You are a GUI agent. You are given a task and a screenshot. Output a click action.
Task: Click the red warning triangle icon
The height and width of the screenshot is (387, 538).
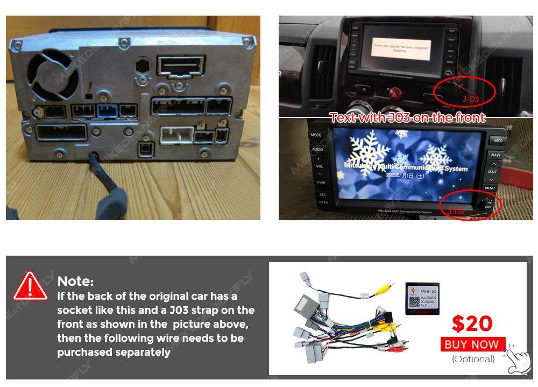click(x=30, y=286)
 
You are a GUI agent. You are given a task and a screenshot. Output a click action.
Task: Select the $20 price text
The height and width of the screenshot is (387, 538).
click(x=472, y=323)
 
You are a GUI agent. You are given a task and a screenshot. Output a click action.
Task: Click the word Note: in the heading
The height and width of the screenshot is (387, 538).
click(x=75, y=281)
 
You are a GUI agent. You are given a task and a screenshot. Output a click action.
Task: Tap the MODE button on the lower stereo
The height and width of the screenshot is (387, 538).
click(x=316, y=135)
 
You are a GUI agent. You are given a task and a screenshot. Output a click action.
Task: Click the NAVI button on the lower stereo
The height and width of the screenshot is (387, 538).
click(x=495, y=155)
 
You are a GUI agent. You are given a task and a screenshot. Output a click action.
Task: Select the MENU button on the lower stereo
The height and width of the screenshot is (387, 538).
click(x=489, y=188)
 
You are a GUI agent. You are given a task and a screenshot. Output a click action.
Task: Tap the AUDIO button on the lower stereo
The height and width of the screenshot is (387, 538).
click(x=317, y=149)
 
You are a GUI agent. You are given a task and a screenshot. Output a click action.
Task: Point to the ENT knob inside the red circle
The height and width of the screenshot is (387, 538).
click(x=487, y=206)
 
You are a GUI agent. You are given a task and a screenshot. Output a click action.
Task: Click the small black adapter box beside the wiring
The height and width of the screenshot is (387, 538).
click(x=422, y=299)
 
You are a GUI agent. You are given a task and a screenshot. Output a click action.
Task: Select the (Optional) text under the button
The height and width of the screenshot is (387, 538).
click(x=473, y=359)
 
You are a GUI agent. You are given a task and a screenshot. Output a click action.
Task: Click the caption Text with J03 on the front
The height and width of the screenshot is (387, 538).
click(x=407, y=117)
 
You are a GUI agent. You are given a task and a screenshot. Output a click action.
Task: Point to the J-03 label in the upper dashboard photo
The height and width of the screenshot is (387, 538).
click(x=470, y=99)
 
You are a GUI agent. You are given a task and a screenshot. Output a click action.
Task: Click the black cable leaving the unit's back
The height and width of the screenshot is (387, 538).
click(x=100, y=178)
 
